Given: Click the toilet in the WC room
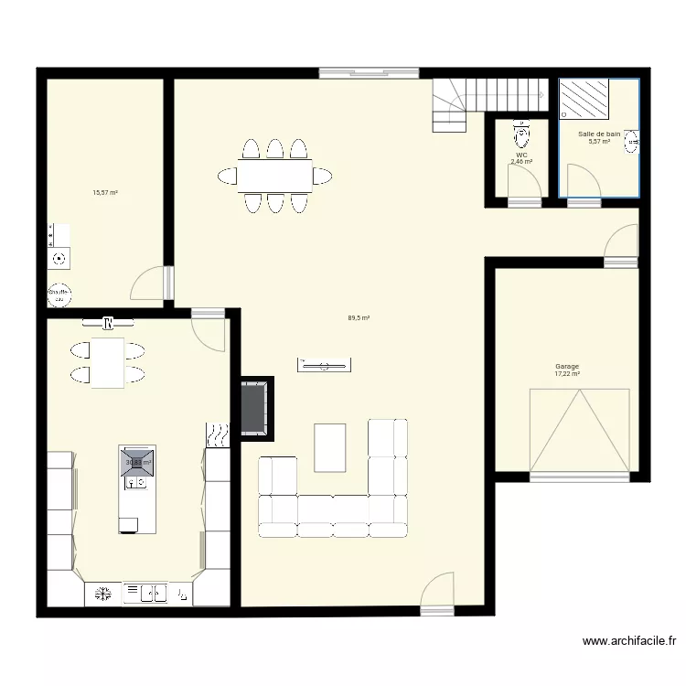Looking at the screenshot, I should pyautogui.click(x=522, y=135).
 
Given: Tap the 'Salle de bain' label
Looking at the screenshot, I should pyautogui.click(x=599, y=134).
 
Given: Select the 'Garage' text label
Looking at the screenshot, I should pyautogui.click(x=567, y=366).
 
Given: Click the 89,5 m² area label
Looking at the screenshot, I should pyautogui.click(x=359, y=318).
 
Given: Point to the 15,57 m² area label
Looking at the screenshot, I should pyautogui.click(x=105, y=193).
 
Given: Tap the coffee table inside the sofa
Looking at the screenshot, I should pyautogui.click(x=330, y=447).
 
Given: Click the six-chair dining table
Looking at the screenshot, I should pyautogui.click(x=274, y=174).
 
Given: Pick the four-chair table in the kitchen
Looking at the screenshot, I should pyautogui.click(x=107, y=362).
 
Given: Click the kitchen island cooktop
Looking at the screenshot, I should pyautogui.click(x=136, y=463).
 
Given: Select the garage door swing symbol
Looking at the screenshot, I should pyautogui.click(x=580, y=430).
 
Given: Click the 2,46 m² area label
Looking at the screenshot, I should pyautogui.click(x=521, y=162).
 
